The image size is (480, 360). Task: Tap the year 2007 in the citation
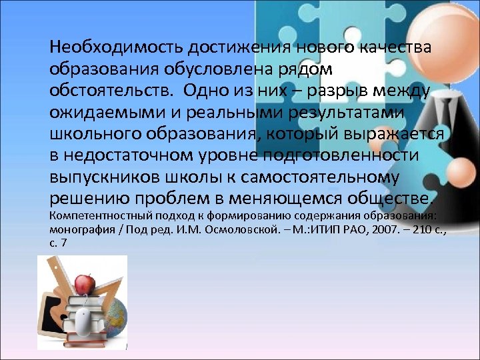click(370, 229)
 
